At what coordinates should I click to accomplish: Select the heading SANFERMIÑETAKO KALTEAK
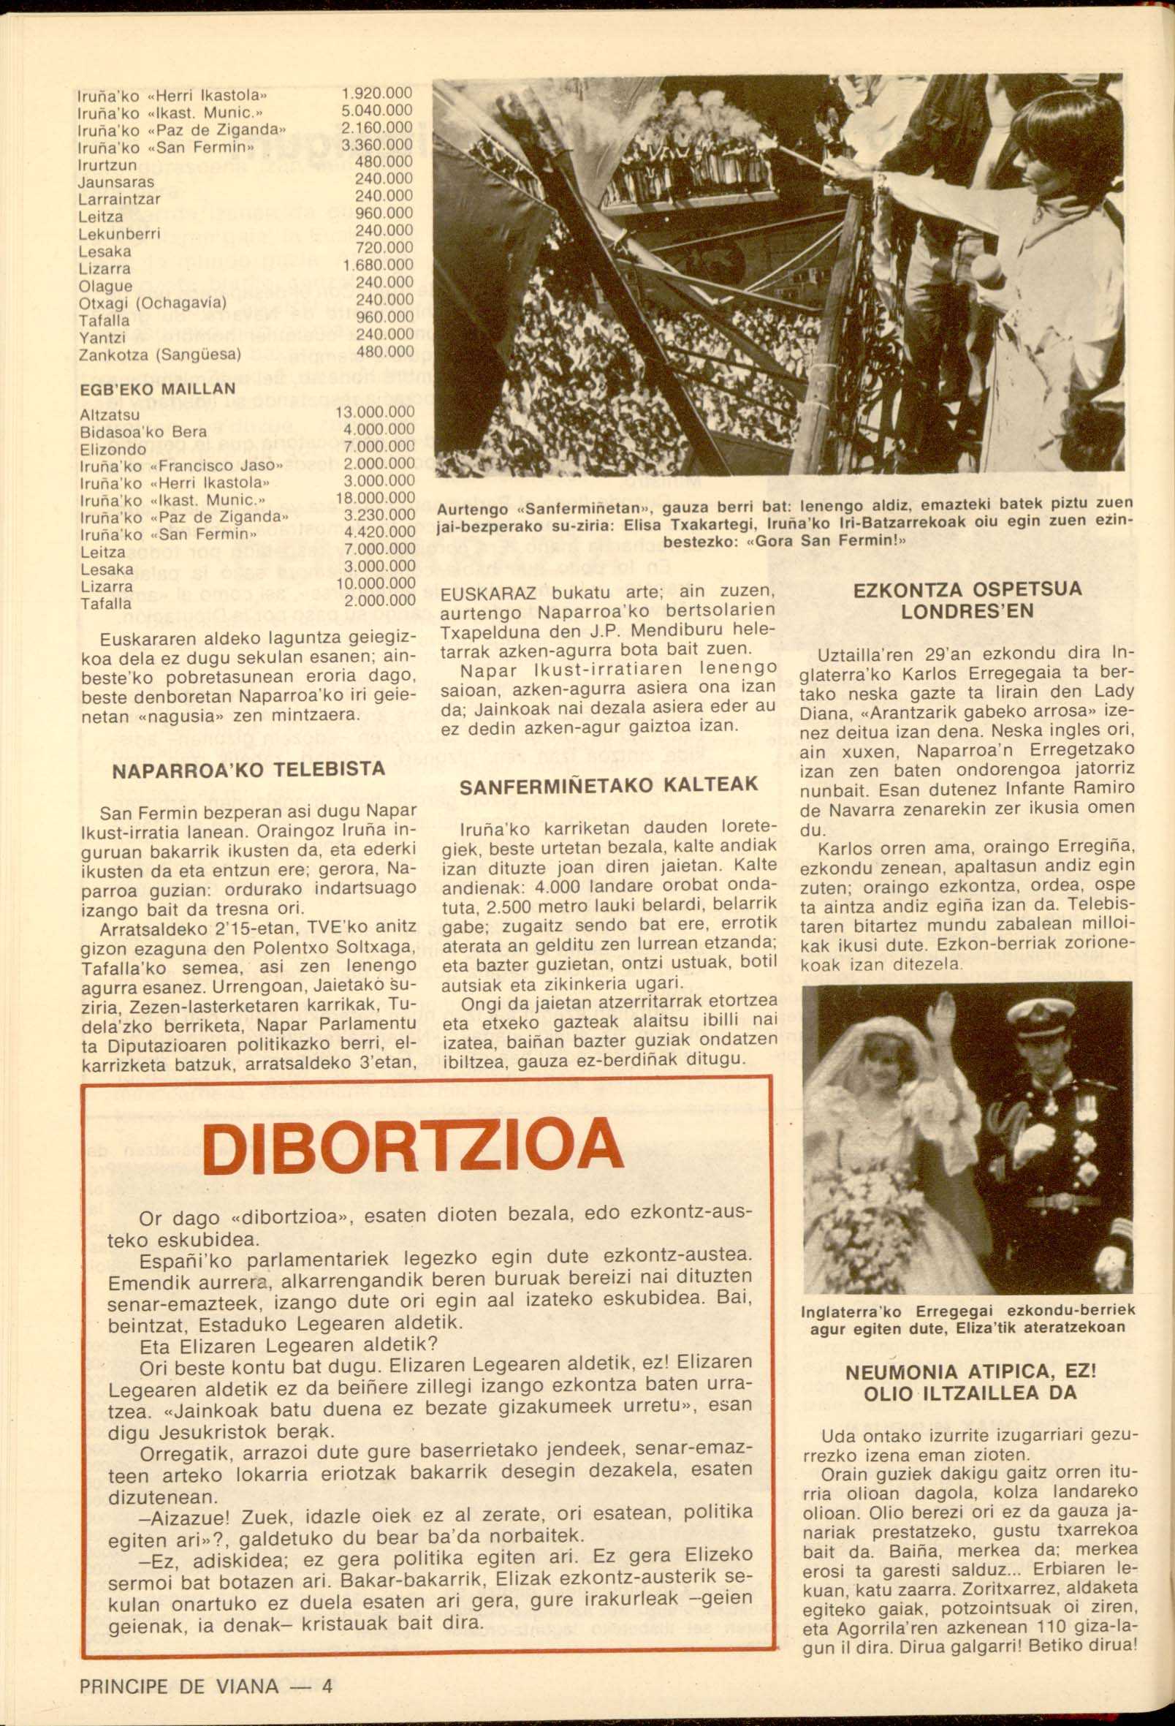click(609, 785)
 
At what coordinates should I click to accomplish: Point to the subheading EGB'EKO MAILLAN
click(156, 388)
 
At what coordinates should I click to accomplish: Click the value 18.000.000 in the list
click(374, 498)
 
